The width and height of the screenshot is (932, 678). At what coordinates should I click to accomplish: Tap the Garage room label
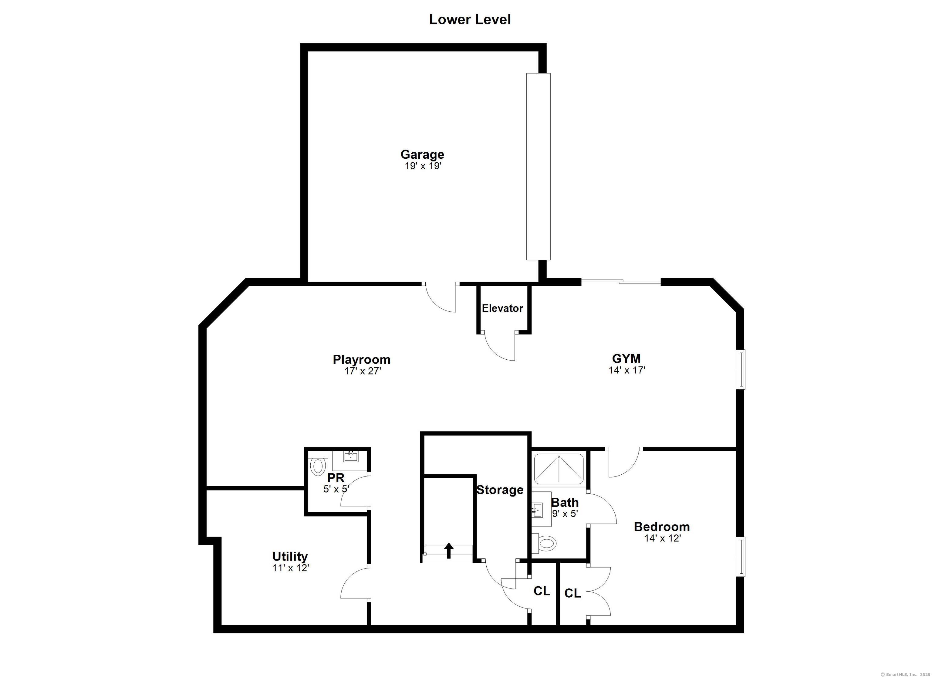(422, 154)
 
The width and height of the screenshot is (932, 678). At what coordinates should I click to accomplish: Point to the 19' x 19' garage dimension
(423, 166)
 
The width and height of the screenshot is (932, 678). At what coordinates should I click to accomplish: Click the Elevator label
(502, 308)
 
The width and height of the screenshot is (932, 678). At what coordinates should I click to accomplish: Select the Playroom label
(362, 360)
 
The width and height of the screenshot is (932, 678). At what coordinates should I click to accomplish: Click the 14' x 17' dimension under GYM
(627, 370)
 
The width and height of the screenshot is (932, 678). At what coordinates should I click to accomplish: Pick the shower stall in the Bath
(559, 469)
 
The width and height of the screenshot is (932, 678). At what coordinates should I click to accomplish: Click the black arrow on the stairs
(449, 551)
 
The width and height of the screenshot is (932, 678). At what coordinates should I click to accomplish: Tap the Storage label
(500, 490)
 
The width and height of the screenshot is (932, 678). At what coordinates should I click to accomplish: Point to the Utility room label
(290, 556)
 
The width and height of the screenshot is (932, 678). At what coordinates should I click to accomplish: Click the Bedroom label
(662, 527)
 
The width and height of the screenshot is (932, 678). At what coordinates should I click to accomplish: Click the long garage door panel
(538, 167)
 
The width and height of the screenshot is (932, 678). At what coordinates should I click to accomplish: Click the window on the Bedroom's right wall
(741, 556)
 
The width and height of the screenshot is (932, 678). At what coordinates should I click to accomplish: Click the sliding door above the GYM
(621, 282)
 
